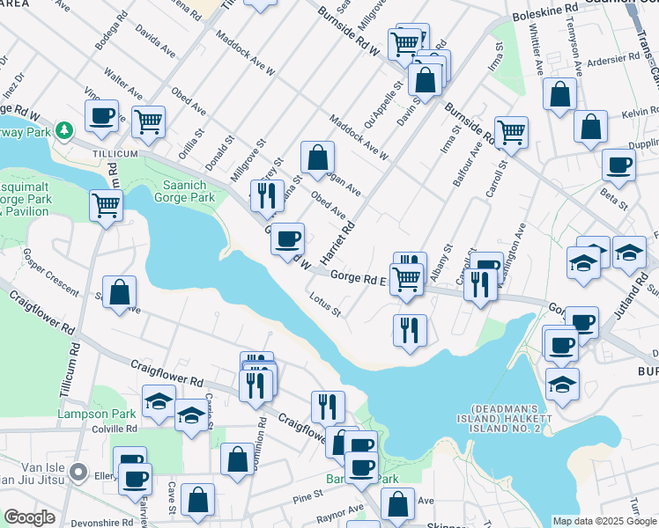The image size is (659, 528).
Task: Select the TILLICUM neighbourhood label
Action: [115, 153]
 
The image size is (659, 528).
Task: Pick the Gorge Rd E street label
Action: [359, 278]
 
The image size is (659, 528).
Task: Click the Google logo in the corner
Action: [29, 517]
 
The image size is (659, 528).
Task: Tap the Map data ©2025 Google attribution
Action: [604, 520]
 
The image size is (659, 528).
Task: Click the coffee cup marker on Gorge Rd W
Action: [286, 238]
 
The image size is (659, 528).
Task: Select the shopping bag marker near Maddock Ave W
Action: [317, 158]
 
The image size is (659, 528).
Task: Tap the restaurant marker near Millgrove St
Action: [267, 195]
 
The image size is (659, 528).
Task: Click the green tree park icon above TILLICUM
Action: [63, 130]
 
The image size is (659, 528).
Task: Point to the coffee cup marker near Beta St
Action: [618, 165]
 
